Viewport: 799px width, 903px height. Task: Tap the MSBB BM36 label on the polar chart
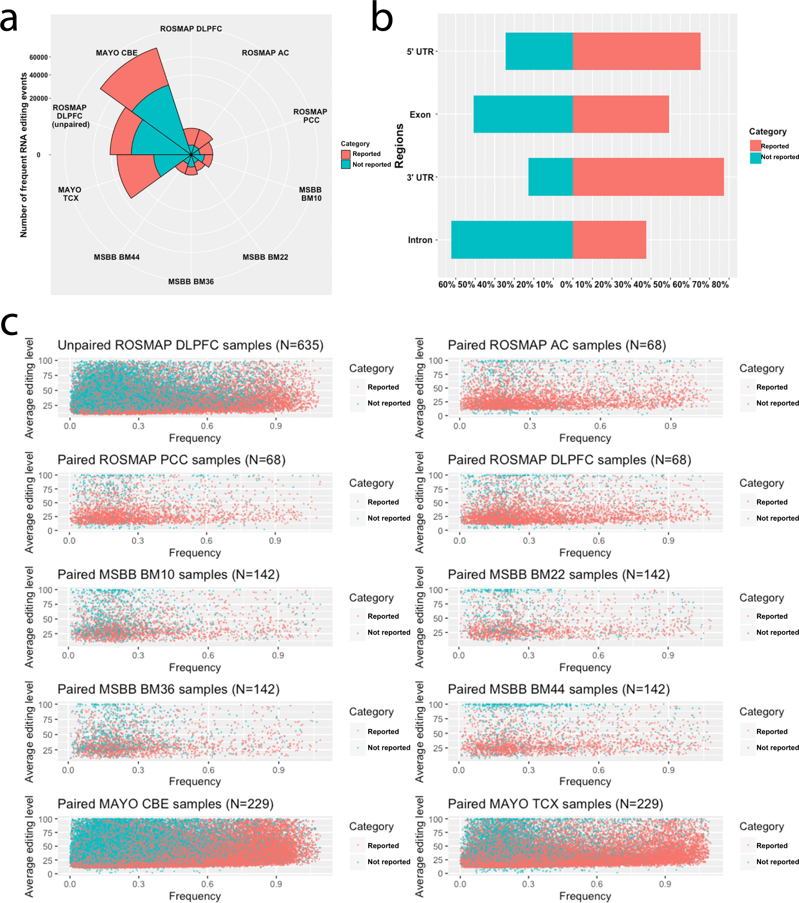click(x=191, y=282)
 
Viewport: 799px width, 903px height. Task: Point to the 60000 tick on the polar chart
click(x=38, y=58)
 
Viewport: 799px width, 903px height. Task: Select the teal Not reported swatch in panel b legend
click(x=755, y=158)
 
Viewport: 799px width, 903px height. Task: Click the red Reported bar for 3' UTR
click(x=648, y=177)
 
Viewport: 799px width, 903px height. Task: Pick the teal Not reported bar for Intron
click(x=512, y=240)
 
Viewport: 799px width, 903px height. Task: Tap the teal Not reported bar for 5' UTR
click(x=538, y=51)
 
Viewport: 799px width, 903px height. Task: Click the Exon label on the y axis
click(x=420, y=115)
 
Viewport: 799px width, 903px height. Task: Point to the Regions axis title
click(x=399, y=146)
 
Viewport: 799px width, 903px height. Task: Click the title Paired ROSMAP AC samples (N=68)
click(x=557, y=346)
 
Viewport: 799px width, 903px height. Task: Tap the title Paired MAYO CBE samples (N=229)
click(x=165, y=803)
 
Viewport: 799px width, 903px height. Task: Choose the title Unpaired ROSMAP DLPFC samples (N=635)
click(x=190, y=346)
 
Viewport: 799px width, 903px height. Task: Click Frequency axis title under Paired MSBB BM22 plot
click(x=584, y=667)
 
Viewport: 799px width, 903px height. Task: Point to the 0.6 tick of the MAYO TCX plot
click(x=596, y=884)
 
